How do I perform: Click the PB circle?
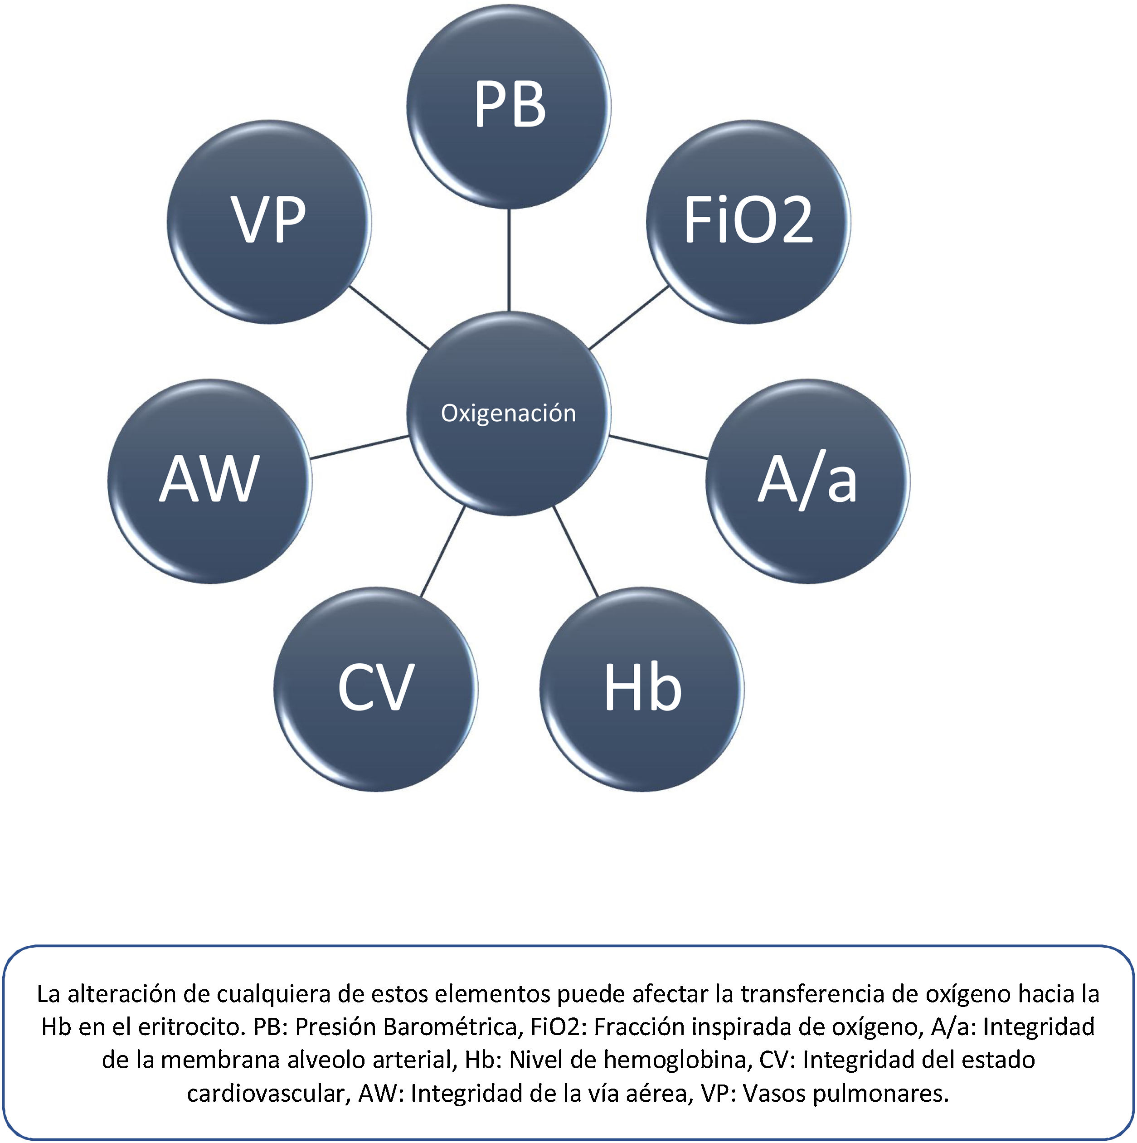(509, 107)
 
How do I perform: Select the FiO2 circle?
(748, 222)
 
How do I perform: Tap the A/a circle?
(807, 481)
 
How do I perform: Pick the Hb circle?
(642, 689)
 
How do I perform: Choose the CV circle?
(376, 689)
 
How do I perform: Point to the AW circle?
(209, 481)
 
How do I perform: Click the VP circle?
(269, 222)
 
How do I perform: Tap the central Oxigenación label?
(508, 413)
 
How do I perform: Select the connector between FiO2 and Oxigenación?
(629, 318)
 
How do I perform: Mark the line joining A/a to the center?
(658, 447)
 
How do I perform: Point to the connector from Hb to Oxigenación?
(576, 551)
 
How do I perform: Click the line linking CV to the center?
(442, 551)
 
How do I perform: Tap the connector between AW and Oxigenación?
(359, 447)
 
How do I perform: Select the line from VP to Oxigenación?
(389, 318)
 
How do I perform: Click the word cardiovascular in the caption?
(266, 1093)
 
